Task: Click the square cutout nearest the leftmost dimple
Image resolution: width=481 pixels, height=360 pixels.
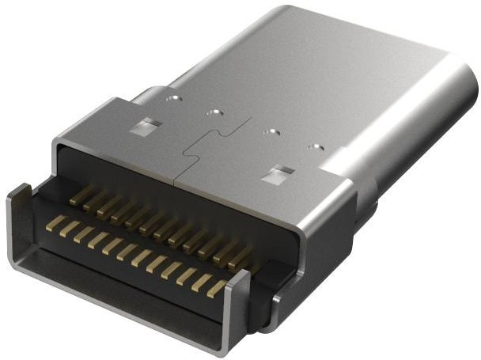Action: [x=146, y=125]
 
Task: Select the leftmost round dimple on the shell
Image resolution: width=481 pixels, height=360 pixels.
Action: [x=172, y=100]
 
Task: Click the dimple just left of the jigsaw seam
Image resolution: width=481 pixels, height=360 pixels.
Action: [x=212, y=113]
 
